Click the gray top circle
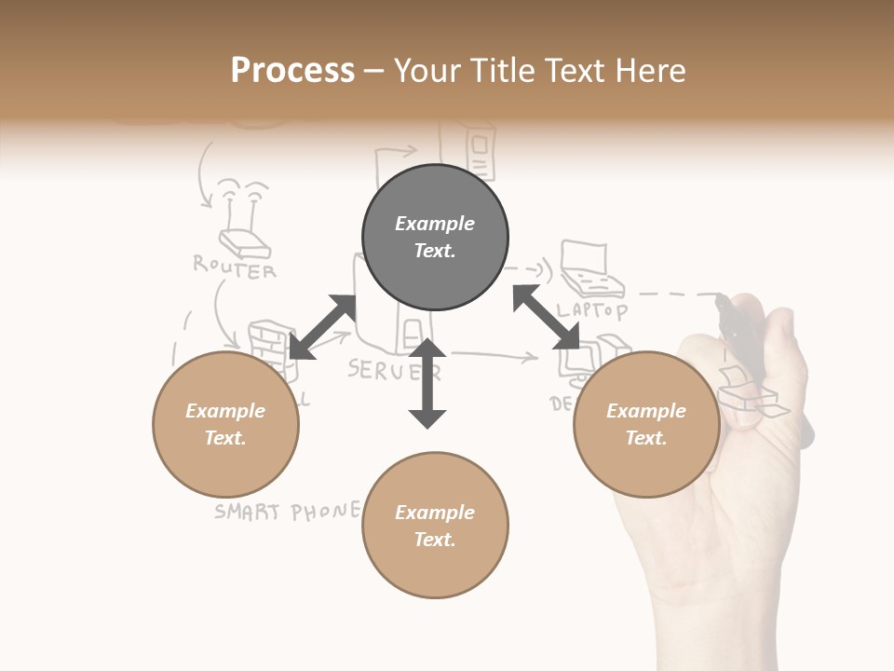tap(435, 238)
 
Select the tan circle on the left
tap(225, 424)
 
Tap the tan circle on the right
tap(645, 424)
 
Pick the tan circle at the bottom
tap(435, 526)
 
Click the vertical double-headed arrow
tap(427, 383)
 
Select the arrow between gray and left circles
tap(322, 326)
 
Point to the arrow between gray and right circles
tap(546, 317)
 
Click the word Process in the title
tap(292, 70)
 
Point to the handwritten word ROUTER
tap(235, 267)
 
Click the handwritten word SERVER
tap(393, 370)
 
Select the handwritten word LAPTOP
tap(592, 308)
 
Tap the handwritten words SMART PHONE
tap(286, 511)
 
